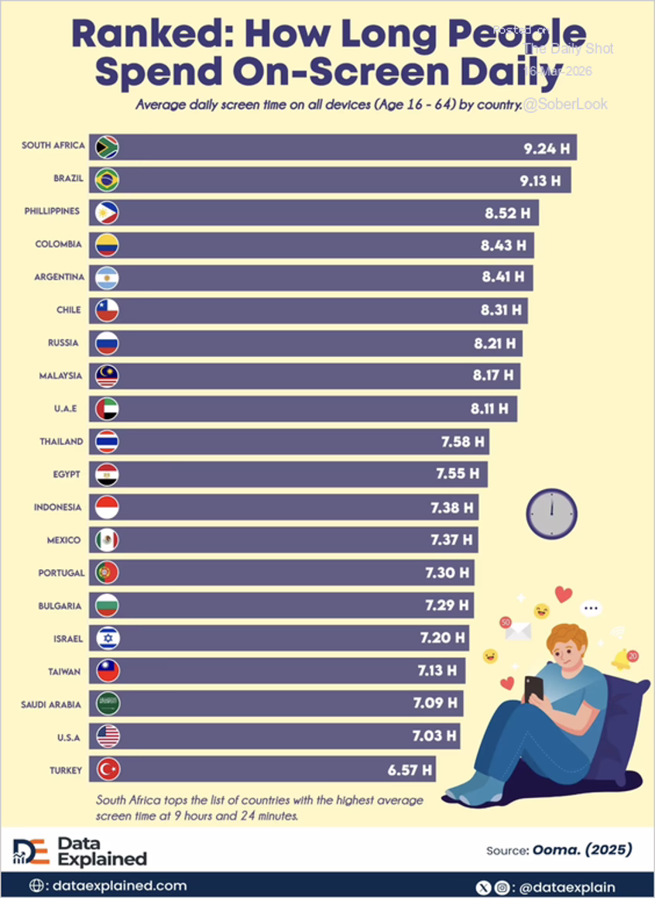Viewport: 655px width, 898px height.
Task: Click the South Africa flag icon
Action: tap(107, 147)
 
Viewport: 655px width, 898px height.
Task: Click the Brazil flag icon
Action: tap(107, 180)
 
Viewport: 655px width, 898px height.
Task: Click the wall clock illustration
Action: tap(552, 512)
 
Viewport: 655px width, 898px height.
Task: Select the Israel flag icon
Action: tap(108, 638)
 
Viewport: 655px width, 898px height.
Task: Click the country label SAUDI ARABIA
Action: tap(50, 704)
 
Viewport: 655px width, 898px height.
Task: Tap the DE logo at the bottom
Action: tap(32, 851)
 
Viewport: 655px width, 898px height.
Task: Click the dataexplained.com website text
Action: tap(118, 886)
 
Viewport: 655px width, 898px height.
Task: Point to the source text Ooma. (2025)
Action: tap(581, 850)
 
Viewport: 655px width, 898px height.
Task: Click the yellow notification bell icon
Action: tap(622, 659)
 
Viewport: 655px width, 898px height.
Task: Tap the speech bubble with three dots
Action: tap(592, 608)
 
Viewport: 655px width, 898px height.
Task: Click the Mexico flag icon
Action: tap(108, 540)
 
